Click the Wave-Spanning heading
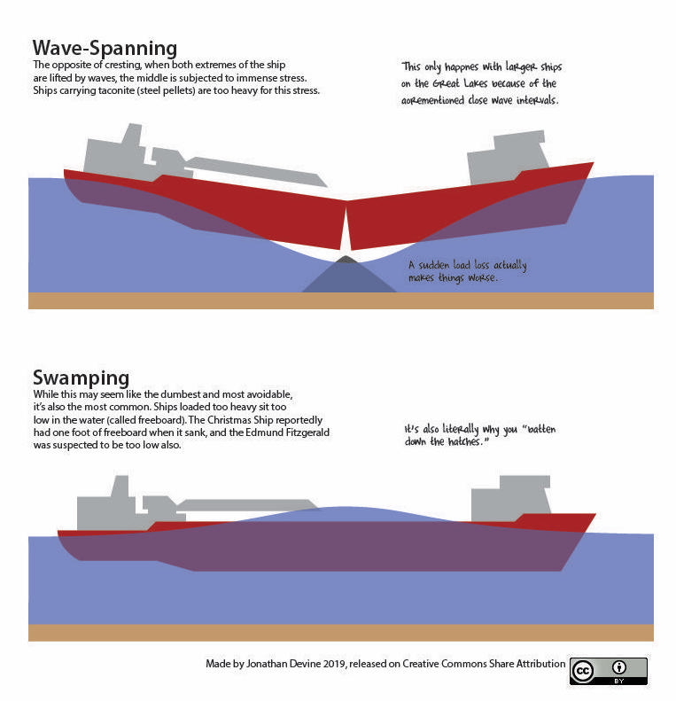[x=105, y=48]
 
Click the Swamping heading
[x=81, y=378]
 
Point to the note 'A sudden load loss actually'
[x=467, y=265]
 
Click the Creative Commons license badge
[x=608, y=671]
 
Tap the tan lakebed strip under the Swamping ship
[x=341, y=632]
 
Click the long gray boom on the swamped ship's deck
[x=248, y=505]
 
